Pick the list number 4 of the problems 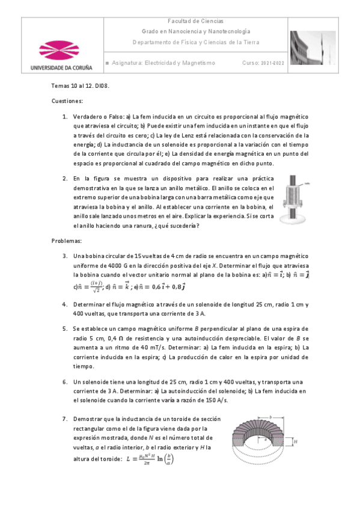pos(65,304)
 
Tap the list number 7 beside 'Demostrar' pos(65,418)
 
